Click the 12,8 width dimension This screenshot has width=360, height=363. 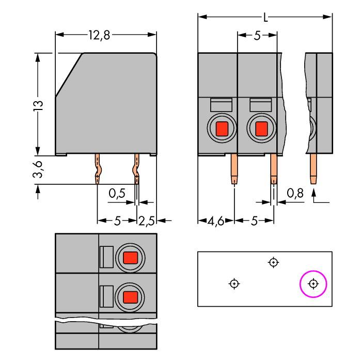pyautogui.click(x=99, y=35)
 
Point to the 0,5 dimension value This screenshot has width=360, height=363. pyautogui.click(x=117, y=194)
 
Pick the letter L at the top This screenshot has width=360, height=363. pyautogui.click(x=265, y=18)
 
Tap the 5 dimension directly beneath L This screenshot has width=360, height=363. pyautogui.click(x=257, y=36)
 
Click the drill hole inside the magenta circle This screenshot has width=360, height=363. pyautogui.click(x=314, y=283)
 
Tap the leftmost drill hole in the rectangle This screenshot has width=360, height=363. pyautogui.click(x=234, y=283)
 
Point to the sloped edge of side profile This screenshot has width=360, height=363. pyautogui.click(x=69, y=75)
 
